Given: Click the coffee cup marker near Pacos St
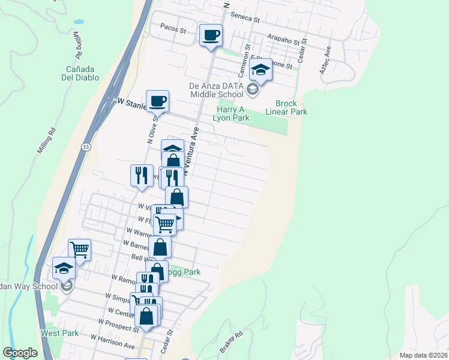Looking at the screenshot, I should click(x=211, y=35).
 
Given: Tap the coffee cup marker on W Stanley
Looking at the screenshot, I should click(x=158, y=101).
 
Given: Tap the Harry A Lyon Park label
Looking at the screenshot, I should click(x=231, y=113).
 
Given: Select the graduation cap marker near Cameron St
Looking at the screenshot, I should click(x=261, y=70).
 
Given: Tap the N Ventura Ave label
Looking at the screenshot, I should click(x=191, y=151).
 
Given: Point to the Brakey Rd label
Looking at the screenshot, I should click(x=231, y=342).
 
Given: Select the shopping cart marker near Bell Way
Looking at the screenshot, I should click(x=79, y=249).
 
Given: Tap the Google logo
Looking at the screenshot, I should click(x=20, y=353).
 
